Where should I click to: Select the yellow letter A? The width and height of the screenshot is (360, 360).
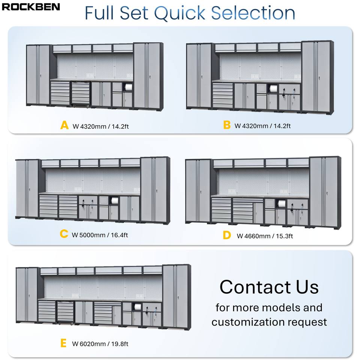(64, 125)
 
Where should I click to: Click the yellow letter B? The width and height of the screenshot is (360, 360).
(226, 125)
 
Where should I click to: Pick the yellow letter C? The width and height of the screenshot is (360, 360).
(64, 234)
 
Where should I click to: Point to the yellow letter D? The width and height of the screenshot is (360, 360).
(226, 235)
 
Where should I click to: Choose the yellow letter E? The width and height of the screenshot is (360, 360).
(63, 343)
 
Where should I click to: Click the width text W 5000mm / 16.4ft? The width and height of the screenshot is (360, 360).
(100, 235)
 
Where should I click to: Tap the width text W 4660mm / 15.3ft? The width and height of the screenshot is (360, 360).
(265, 236)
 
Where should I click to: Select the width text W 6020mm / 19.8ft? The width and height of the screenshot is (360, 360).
(100, 343)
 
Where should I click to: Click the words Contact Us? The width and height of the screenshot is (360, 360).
(269, 287)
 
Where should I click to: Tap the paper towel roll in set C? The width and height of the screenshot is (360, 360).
(114, 201)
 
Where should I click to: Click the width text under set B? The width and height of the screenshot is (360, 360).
(262, 126)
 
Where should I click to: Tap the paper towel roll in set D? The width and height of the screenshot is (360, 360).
(281, 204)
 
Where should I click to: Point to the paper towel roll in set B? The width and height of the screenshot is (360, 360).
(272, 90)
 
